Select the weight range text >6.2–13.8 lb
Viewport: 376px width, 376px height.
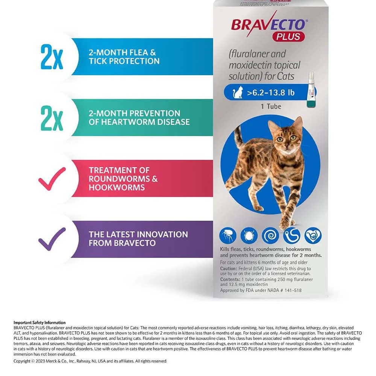[271, 92]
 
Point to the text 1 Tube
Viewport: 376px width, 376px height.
[271, 107]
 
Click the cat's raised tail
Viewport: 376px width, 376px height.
[238, 136]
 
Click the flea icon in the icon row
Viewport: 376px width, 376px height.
[228, 235]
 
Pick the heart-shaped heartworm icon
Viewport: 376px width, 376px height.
[313, 235]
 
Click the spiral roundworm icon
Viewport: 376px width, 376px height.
[270, 235]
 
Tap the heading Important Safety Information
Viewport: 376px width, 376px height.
[39, 323]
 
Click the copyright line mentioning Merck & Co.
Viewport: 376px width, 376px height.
[90, 361]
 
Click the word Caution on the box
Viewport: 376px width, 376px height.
[229, 269]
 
